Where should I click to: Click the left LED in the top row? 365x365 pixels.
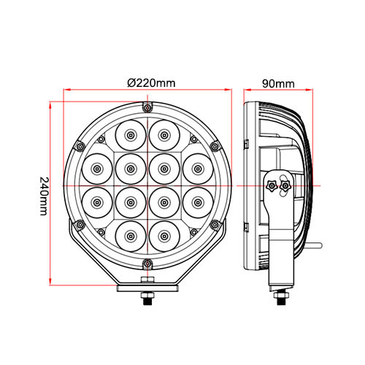click(129, 136)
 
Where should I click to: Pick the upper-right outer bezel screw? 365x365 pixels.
click(193, 138)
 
